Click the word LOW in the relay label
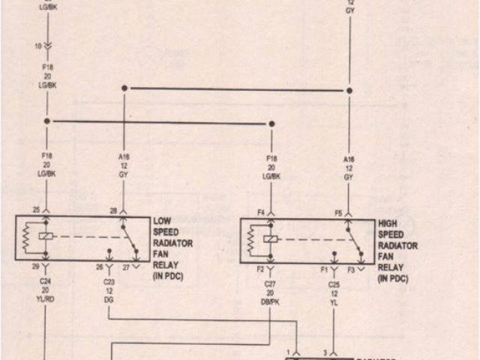(162, 221)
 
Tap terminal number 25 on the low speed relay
(35, 210)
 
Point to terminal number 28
(113, 210)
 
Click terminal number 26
(99, 267)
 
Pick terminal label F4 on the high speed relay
(262, 213)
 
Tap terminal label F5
(338, 213)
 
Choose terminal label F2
(261, 268)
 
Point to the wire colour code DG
(109, 299)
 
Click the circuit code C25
(334, 285)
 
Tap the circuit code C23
(109, 283)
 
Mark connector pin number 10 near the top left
(37, 46)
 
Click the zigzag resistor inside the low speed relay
(25, 238)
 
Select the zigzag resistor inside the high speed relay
(250, 241)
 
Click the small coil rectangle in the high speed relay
(271, 239)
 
